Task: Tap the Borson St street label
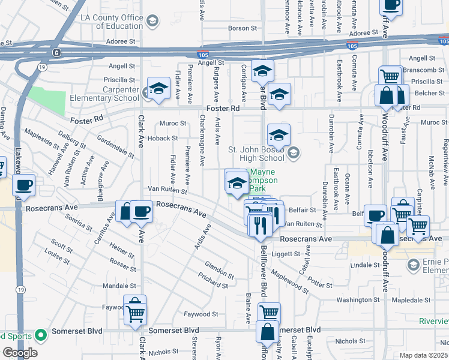coord(243,28)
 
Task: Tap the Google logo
coord(20,353)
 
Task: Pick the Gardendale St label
coord(115,146)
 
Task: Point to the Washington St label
coord(358,299)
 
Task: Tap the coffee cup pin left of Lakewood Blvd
coord(24,186)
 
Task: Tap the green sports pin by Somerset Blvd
coord(40,335)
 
